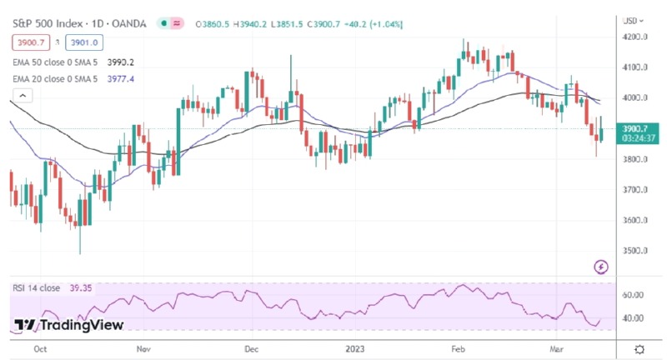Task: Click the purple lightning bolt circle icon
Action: (600, 267)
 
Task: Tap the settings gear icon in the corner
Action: (639, 348)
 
